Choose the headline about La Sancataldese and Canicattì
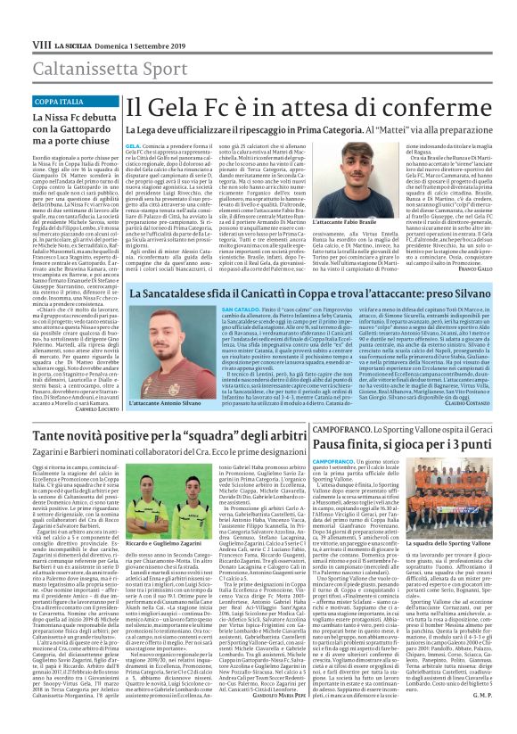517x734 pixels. coord(304,292)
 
